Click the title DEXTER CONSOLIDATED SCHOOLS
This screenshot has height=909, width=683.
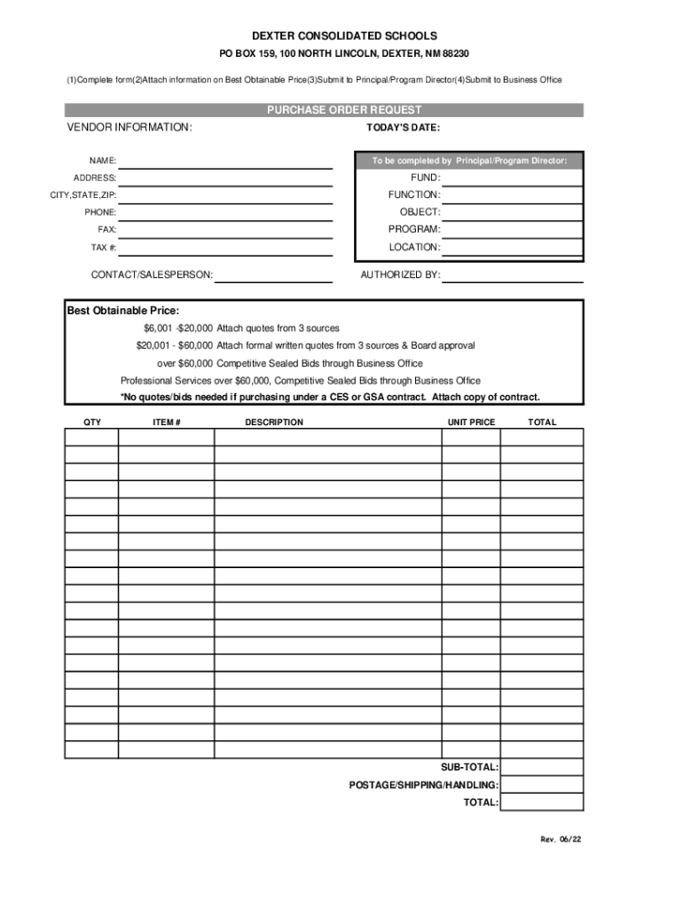tap(344, 36)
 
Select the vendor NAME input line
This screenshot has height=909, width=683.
tap(225, 162)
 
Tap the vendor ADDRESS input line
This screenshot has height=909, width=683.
tap(225, 178)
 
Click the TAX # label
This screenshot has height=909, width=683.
tap(103, 248)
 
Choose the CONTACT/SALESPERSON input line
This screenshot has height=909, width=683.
tap(273, 275)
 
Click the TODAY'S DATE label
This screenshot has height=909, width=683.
tap(403, 128)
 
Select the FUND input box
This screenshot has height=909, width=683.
tap(512, 178)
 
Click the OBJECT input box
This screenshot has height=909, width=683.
tap(512, 213)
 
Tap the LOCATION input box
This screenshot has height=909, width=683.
tap(512, 248)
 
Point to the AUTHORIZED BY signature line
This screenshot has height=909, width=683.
tap(512, 275)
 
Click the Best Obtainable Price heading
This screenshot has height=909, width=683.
tap(123, 311)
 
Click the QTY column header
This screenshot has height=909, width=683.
tap(91, 423)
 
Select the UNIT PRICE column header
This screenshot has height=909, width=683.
tap(471, 423)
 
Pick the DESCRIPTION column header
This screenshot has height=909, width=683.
tap(274, 423)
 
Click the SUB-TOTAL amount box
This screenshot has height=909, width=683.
tap(542, 767)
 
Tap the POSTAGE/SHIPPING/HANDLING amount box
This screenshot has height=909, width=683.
tap(542, 785)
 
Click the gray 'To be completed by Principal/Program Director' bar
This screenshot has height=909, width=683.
tap(469, 161)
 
